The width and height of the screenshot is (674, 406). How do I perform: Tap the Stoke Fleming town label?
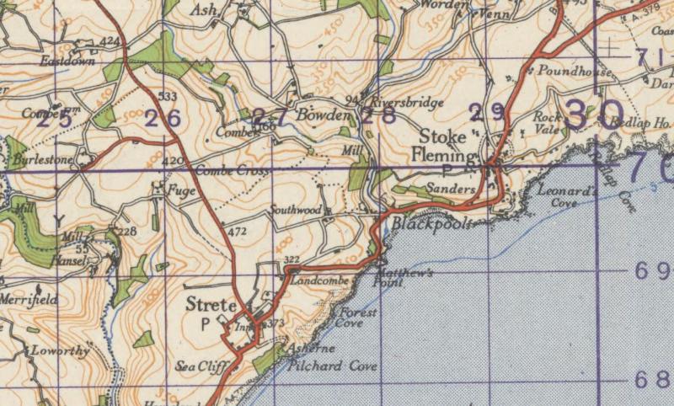pos(445,144)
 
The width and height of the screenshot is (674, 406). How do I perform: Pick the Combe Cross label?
pos(232,171)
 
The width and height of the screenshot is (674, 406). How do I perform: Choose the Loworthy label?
pos(59,351)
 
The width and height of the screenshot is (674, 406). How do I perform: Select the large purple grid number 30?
pos(594,115)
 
